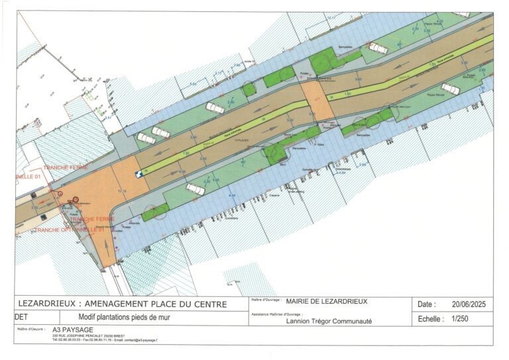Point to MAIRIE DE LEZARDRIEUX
(326, 301)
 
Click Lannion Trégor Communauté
(328, 321)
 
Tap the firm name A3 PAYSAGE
(73, 330)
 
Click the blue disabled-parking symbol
(139, 174)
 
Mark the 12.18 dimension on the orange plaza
(121, 191)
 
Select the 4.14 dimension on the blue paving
(231, 196)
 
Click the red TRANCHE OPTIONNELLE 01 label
(70, 229)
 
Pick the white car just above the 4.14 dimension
(196, 189)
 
